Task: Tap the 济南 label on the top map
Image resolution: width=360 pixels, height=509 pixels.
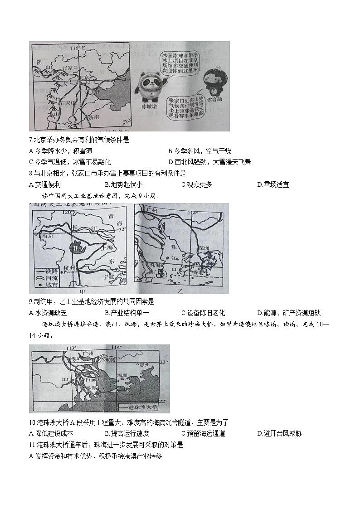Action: click(x=93, y=116)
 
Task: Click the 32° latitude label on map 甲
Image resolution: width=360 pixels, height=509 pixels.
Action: click(x=122, y=229)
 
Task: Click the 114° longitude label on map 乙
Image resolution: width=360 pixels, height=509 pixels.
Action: click(x=193, y=213)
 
